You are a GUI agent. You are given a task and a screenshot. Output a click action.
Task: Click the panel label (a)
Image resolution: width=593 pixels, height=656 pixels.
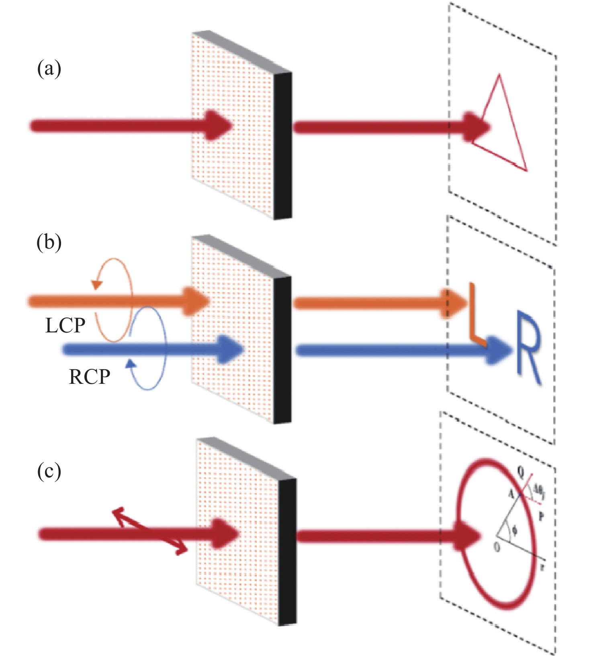tap(49, 69)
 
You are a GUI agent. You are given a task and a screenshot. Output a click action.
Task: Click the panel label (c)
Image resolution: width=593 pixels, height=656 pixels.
tap(49, 471)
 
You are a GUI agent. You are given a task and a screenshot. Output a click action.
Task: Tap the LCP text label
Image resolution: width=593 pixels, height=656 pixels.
tap(65, 326)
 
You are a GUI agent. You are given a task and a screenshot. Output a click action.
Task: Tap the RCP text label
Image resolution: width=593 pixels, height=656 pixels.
tap(89, 377)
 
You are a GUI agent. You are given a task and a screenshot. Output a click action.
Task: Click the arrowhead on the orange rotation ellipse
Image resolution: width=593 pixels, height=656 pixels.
tap(96, 284)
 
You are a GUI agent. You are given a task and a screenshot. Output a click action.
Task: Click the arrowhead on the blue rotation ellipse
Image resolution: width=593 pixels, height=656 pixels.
tap(130, 364)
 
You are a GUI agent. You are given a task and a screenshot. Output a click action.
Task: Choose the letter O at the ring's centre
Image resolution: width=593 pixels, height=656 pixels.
tap(497, 547)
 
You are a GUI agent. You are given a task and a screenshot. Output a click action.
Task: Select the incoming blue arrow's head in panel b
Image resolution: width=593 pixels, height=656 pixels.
tap(232, 349)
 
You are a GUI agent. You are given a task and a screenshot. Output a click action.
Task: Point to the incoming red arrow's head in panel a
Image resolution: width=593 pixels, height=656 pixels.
tap(219, 126)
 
